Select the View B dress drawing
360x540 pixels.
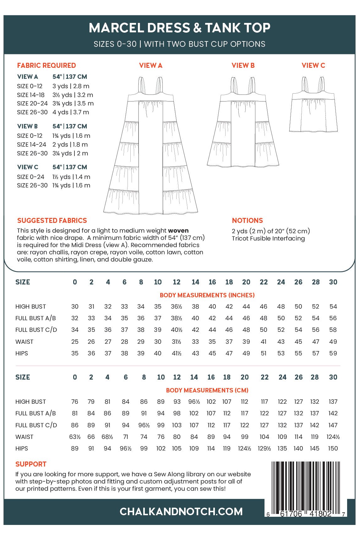click(x=243, y=126)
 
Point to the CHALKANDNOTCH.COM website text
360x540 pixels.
click(x=181, y=511)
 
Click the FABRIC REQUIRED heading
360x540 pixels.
click(x=46, y=65)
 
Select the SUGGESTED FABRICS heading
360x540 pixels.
click(x=52, y=220)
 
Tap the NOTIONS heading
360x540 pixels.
click(x=247, y=220)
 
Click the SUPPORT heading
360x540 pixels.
click(x=31, y=464)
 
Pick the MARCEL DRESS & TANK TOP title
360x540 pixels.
click(x=179, y=28)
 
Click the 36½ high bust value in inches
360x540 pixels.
click(x=177, y=306)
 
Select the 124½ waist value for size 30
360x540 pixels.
click(x=333, y=437)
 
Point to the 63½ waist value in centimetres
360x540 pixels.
click(x=75, y=437)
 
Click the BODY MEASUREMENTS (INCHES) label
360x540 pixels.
click(x=207, y=295)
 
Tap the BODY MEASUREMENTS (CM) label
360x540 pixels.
click(x=207, y=390)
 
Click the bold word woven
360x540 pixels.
click(x=178, y=230)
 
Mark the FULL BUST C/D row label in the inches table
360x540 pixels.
click(x=36, y=330)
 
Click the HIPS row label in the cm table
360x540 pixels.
click(x=22, y=448)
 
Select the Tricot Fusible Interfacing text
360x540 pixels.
click(x=268, y=238)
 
